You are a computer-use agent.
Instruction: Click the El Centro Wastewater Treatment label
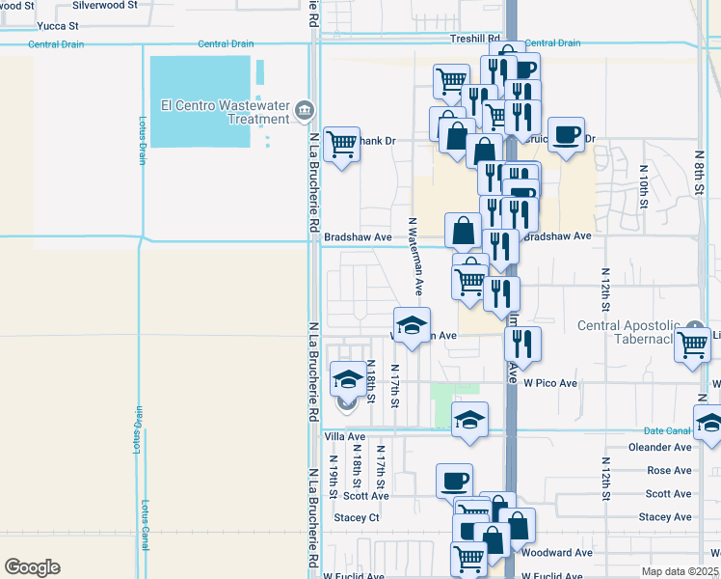[227, 112]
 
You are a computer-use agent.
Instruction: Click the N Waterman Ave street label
[414, 256]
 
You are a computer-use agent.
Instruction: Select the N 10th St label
[643, 186]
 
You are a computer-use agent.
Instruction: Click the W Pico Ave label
[550, 383]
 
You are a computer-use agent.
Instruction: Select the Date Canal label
[667, 430]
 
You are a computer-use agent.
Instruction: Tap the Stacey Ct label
[358, 517]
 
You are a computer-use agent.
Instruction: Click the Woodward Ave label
[557, 553]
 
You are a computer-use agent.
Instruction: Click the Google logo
[33, 567]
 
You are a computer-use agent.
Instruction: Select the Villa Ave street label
[344, 437]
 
